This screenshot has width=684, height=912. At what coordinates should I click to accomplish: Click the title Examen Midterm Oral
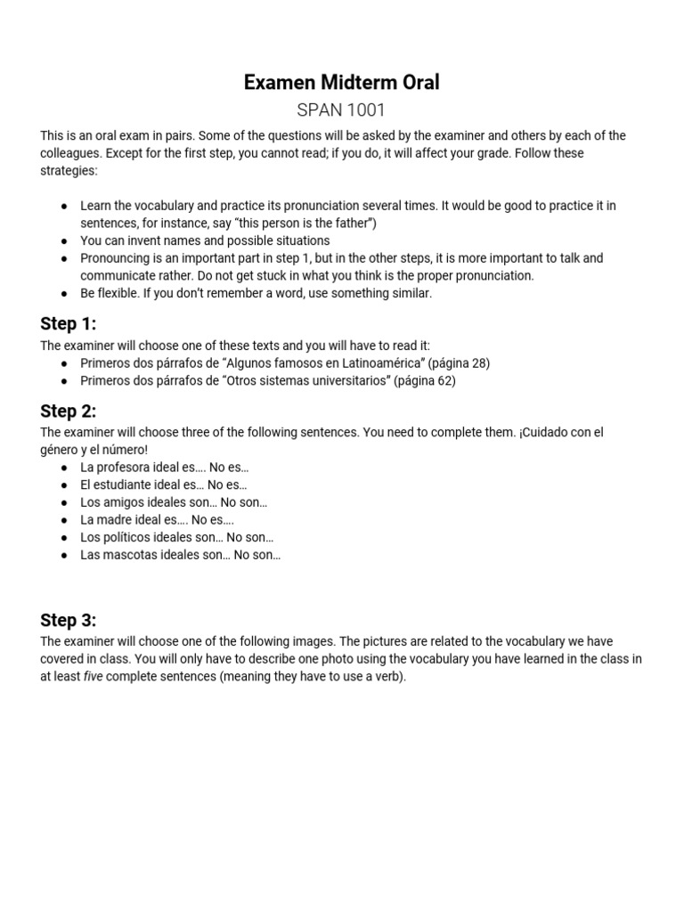[342, 83]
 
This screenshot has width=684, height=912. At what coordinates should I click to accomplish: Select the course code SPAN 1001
[342, 111]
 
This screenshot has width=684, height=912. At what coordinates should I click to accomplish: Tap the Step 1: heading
[68, 323]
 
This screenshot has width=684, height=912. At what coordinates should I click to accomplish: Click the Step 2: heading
[68, 411]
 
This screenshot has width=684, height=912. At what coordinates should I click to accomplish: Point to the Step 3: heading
[68, 620]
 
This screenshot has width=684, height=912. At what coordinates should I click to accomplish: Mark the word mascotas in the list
[130, 555]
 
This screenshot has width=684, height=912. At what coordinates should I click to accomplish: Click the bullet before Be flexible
[64, 294]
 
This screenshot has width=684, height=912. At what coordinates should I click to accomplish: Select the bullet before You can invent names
[64, 241]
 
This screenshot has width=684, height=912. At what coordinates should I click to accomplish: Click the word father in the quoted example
[353, 224]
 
